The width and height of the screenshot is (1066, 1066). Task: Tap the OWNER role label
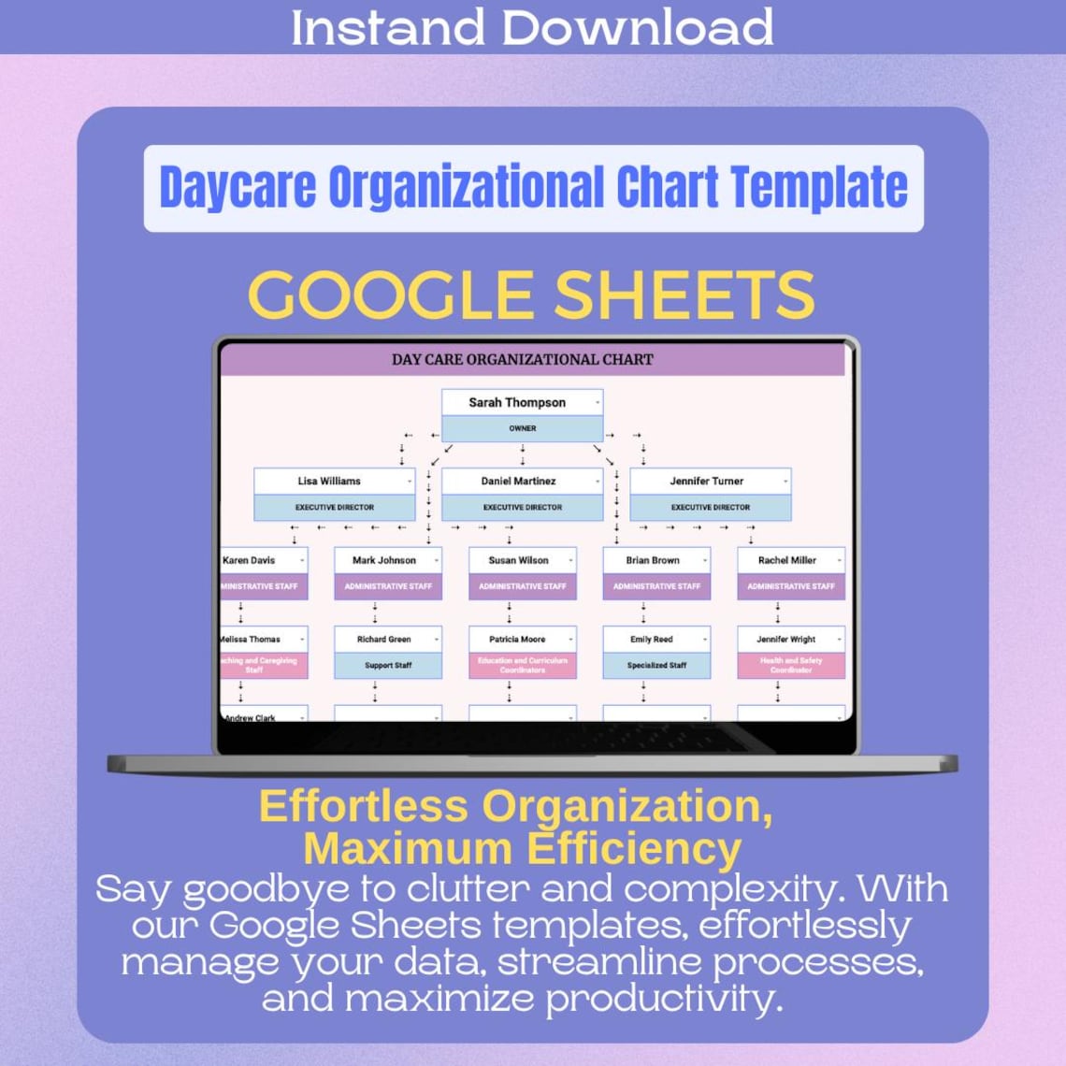click(x=522, y=428)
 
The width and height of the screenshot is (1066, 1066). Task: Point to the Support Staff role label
click(x=388, y=666)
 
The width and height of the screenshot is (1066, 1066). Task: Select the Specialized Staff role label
click(x=656, y=666)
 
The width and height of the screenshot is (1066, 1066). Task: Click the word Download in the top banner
click(x=638, y=27)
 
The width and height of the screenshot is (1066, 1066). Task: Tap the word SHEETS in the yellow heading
click(x=684, y=295)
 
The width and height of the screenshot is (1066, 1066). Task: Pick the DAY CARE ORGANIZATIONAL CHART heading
click(x=522, y=359)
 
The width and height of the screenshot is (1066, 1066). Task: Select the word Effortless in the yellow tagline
click(x=363, y=806)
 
